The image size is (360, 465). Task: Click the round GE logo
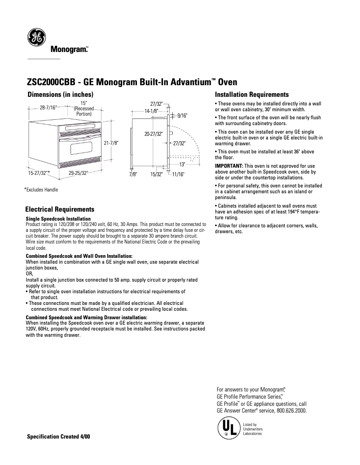tap(35, 38)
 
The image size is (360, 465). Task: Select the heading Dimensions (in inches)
tap(60, 95)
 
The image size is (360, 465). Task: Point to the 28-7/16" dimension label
tap(48, 108)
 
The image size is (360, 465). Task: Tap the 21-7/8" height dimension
tap(111, 143)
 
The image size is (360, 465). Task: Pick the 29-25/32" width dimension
tap(78, 172)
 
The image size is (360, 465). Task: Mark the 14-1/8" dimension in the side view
tap(151, 110)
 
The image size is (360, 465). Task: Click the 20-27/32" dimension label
tap(154, 134)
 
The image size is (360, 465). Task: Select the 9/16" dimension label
tap(182, 116)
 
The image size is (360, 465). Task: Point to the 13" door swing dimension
tap(182, 165)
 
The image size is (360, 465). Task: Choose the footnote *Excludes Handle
tap(41, 190)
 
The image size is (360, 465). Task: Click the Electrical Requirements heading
tap(60, 209)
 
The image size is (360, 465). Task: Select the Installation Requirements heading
tap(252, 95)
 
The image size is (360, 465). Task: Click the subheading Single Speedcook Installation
tap(58, 219)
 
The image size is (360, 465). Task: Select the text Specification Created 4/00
tap(58, 437)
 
